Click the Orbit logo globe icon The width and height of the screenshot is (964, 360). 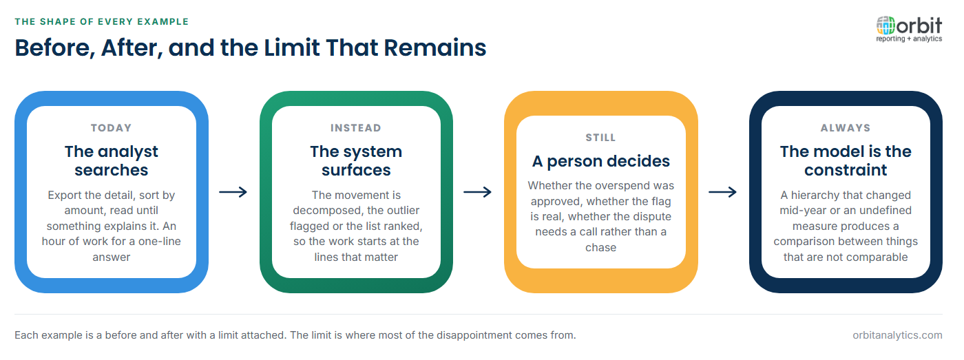pos(886,25)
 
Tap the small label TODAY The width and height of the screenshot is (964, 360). pos(111,128)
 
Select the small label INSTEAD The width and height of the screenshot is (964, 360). pos(356,128)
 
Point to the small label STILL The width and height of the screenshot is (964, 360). pos(600,138)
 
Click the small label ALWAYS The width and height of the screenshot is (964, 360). pos(846,128)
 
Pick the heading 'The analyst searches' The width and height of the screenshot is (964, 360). pos(112,160)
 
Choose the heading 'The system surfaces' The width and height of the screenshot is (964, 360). pos(357,160)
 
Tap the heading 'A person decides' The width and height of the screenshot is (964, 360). pos(600,161)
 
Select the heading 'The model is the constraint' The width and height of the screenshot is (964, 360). pos(846,160)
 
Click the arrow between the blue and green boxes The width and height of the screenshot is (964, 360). pos(233,192)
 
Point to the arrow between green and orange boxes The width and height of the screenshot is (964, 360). pos(478,192)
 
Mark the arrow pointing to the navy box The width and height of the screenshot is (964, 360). pos(723,192)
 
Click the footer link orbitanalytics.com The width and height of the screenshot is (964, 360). pos(897,335)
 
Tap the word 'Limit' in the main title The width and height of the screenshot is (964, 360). pos(291,47)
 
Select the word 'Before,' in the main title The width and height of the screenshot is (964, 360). pos(55,48)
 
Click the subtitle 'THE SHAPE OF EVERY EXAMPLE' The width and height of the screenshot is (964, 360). pos(102,21)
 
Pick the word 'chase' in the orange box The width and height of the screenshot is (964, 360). pos(600,247)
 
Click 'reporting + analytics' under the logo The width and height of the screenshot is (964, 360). pos(909,39)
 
